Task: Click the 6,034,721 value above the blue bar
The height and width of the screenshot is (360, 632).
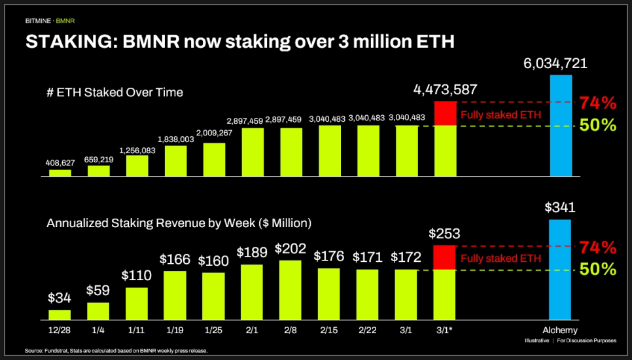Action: (555, 63)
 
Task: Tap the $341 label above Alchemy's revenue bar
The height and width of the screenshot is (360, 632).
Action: (560, 208)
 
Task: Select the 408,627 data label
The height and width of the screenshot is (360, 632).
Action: (60, 162)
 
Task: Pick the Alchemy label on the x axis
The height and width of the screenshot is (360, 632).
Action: (560, 330)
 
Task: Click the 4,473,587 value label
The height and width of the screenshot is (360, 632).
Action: (445, 90)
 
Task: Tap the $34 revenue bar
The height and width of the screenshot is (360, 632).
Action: (60, 311)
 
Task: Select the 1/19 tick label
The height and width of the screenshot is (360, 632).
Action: (175, 330)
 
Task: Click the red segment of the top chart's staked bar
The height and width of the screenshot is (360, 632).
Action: (445, 113)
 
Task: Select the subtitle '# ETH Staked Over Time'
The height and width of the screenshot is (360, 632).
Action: (114, 93)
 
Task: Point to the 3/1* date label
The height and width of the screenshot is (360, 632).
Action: (445, 330)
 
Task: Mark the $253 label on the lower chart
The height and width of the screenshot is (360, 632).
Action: (445, 234)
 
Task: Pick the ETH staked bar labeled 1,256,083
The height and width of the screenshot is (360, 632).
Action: (137, 166)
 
